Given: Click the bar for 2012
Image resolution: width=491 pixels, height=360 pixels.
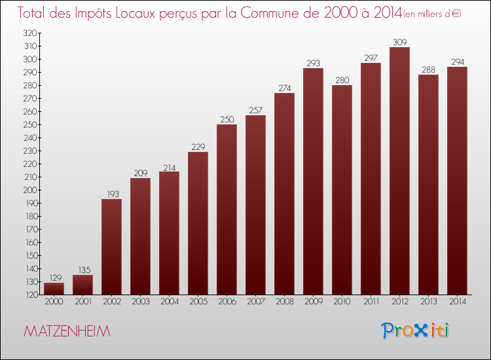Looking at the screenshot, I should tap(399, 170).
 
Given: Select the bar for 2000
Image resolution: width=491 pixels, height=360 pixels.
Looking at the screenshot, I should tap(54, 288).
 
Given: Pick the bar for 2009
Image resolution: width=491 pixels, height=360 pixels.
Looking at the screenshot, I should tap(313, 181).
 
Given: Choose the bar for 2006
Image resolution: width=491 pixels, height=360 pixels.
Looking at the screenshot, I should tap(227, 209).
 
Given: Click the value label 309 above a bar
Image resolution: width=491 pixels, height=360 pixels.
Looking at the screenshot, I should tap(399, 43).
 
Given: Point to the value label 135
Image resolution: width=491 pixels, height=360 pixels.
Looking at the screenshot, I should tap(82, 270).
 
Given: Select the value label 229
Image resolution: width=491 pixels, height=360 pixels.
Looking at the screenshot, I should tap(198, 147).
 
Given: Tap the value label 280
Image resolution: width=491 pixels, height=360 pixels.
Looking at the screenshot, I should tap(342, 81).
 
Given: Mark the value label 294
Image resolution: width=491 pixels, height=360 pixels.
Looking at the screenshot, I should tap(457, 62).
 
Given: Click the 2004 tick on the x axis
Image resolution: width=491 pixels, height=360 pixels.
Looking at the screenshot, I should tap(169, 302).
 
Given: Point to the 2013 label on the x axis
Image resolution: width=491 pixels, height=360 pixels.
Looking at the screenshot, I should tap(428, 302).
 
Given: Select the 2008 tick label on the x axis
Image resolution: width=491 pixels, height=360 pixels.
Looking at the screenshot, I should tap(284, 302).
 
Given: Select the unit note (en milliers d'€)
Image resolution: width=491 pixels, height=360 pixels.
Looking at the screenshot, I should tap(431, 14).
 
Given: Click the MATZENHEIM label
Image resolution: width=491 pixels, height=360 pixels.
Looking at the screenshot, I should tap(67, 331).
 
